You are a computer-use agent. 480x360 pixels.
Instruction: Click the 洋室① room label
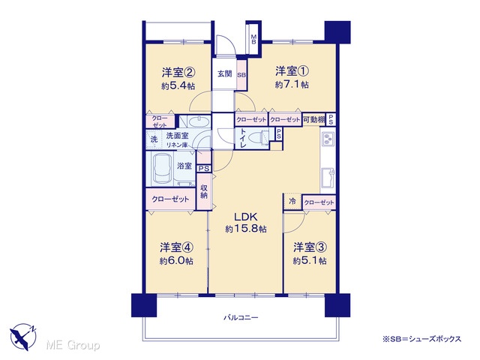(292, 71)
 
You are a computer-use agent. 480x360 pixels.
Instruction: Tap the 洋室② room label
(178, 73)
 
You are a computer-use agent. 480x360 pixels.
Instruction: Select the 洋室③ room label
(310, 247)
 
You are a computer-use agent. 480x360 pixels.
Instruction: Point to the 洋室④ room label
(176, 247)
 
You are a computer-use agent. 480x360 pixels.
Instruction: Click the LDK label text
(246, 217)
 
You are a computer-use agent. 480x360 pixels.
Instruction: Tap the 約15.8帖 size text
(246, 229)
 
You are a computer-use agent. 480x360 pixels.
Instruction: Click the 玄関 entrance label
(225, 73)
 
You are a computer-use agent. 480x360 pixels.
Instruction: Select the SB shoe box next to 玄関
(241, 75)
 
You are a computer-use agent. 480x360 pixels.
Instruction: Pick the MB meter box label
(253, 39)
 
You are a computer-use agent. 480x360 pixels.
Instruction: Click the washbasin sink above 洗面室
(199, 121)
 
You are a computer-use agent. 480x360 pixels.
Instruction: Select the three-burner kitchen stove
(328, 139)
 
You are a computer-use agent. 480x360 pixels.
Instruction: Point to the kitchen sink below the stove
(328, 178)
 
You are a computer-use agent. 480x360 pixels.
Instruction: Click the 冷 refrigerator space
(292, 202)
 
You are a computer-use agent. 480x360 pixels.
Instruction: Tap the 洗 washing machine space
(154, 139)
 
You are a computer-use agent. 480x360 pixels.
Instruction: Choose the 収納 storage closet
(204, 192)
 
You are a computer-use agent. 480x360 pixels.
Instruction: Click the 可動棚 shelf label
(313, 120)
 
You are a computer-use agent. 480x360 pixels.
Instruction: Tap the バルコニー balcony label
(241, 317)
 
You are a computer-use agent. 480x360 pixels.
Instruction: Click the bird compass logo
(23, 337)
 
